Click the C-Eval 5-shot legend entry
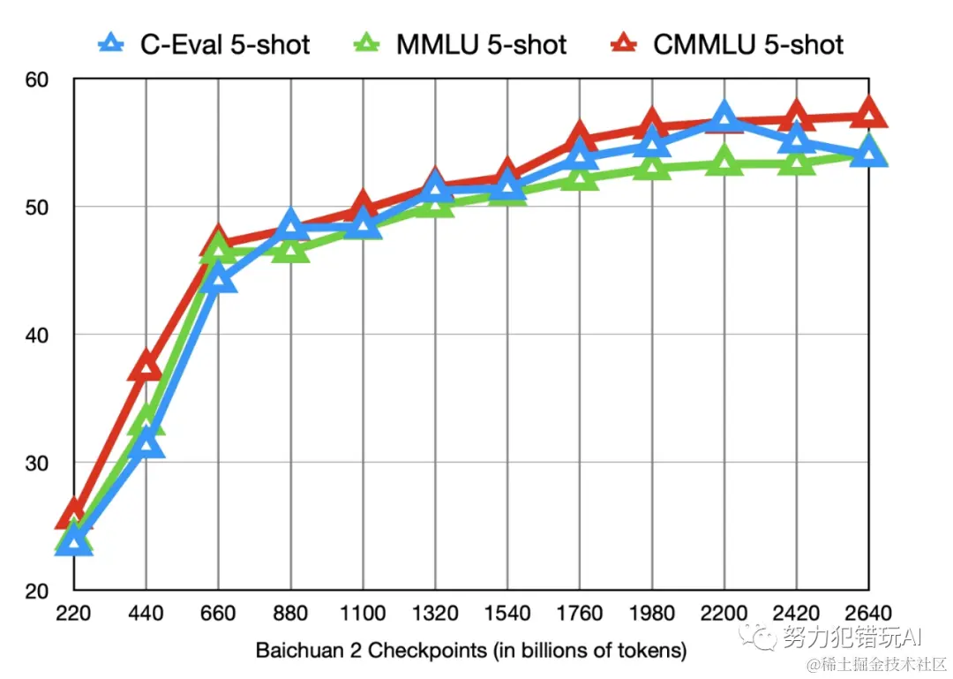(205, 43)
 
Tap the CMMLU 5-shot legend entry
(728, 43)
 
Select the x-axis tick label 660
(218, 614)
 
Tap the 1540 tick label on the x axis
(507, 614)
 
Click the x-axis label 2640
(869, 614)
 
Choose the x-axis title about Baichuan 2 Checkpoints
(470, 651)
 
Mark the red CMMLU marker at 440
(146, 365)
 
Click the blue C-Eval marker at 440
(146, 442)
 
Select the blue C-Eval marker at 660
(218, 280)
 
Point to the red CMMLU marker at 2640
(869, 113)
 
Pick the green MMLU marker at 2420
(797, 163)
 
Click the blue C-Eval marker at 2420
(797, 140)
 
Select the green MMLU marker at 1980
(652, 167)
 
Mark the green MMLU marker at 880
(290, 251)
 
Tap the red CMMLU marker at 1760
(580, 137)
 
